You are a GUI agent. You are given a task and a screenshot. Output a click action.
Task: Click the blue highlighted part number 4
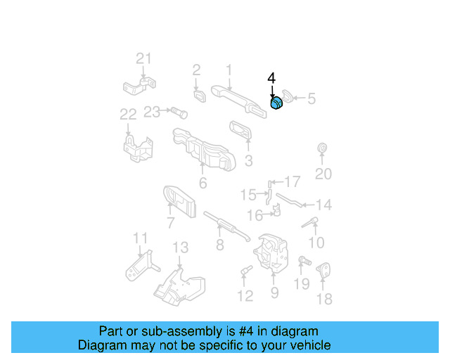point(277,103)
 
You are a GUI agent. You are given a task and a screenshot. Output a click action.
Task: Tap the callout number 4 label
point(271,78)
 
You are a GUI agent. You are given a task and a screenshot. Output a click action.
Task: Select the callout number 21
point(143,58)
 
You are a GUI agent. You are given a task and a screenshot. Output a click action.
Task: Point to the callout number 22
point(127,114)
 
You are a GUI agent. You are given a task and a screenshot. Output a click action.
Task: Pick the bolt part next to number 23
point(175,111)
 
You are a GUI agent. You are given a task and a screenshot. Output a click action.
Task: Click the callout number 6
point(202,184)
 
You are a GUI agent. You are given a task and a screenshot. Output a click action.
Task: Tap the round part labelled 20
point(323,148)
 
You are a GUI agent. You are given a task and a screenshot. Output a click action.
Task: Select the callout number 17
point(291,181)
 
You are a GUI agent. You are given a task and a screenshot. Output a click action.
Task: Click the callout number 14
point(323,205)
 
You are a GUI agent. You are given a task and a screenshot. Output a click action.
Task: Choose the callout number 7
point(170,224)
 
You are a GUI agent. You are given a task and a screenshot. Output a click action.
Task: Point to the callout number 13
point(181,247)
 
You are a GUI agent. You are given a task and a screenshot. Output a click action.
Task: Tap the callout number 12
point(245,296)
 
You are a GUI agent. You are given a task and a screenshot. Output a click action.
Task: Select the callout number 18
point(323,299)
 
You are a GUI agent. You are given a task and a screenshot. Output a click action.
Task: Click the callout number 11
point(141,238)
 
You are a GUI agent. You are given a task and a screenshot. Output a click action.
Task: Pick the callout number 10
point(316,243)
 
